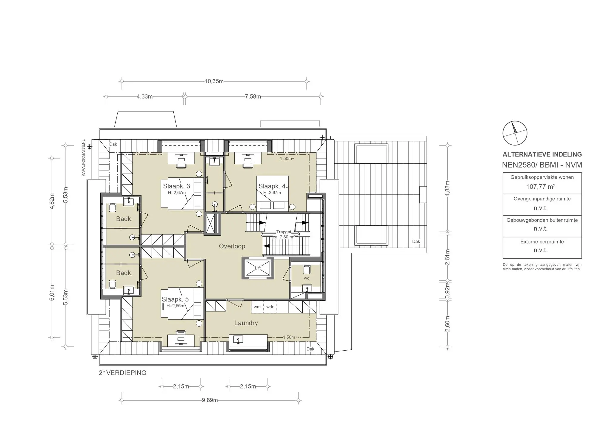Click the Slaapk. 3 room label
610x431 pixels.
[177, 186]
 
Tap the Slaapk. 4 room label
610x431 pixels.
[272, 186]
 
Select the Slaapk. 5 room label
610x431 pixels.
[175, 299]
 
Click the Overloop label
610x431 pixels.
[232, 246]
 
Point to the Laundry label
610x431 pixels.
[246, 323]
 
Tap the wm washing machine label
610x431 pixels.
[257, 307]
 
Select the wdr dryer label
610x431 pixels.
[270, 307]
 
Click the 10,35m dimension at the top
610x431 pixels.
[214, 81]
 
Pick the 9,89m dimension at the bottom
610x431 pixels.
[210, 400]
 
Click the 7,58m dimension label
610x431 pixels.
[253, 97]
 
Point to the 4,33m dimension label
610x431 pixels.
[145, 97]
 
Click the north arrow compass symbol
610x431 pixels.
[515, 133]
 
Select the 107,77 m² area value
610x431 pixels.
[541, 187]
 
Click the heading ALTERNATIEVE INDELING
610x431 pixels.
[542, 154]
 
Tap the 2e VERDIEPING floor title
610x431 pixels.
[123, 373]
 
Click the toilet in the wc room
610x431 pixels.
[306, 270]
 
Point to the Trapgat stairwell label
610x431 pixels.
[284, 232]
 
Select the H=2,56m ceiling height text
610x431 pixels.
[175, 306]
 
